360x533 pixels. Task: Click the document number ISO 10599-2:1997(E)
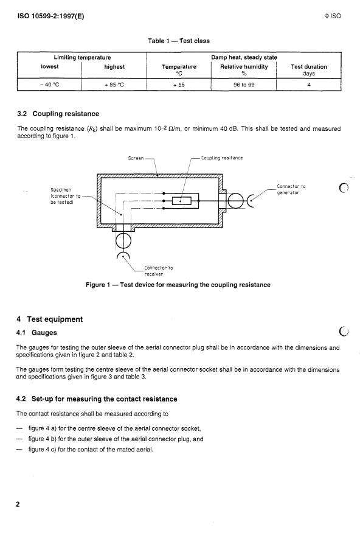point(50,16)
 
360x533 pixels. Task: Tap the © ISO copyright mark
point(333,16)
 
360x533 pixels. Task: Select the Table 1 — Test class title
point(179,41)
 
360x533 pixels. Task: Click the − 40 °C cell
point(50,85)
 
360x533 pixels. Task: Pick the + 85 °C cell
point(114,85)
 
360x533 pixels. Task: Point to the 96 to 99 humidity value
point(244,85)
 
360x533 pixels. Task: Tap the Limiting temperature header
point(82,57)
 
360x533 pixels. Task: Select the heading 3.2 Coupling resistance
point(58,114)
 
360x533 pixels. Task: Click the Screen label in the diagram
point(136,158)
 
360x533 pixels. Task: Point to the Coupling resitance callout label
point(222,158)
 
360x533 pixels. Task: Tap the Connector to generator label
point(291,189)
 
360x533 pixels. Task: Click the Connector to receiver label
point(158,271)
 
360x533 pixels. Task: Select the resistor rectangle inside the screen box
point(182,201)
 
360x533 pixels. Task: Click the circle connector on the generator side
point(235,201)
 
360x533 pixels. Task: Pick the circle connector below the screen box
point(123,241)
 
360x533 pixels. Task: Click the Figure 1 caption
point(178,285)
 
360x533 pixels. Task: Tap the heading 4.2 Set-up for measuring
point(97,399)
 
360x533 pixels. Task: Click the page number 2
point(18,504)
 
